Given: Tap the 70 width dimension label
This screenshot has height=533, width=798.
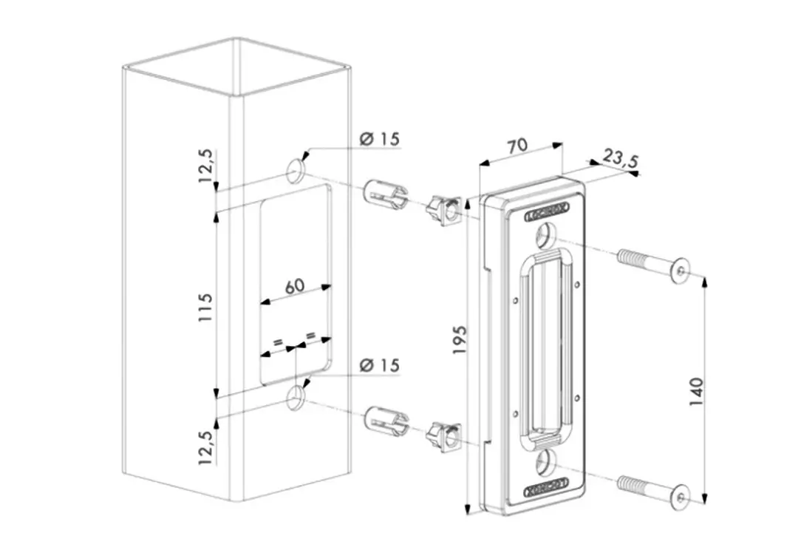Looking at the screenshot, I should [517, 145].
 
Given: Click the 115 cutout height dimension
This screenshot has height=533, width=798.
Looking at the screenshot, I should [205, 306].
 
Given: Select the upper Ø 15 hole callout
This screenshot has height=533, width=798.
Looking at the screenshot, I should [378, 138].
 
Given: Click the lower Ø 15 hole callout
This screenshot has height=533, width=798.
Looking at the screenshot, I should [378, 365].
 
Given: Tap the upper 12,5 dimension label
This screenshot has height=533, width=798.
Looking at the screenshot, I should [205, 164].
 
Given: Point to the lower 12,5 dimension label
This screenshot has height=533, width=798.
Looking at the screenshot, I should [205, 447].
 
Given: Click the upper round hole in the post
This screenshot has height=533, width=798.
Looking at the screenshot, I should [296, 172].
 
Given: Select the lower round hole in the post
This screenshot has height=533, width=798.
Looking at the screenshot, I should [296, 398].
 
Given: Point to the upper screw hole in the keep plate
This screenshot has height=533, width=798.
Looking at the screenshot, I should [545, 237].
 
